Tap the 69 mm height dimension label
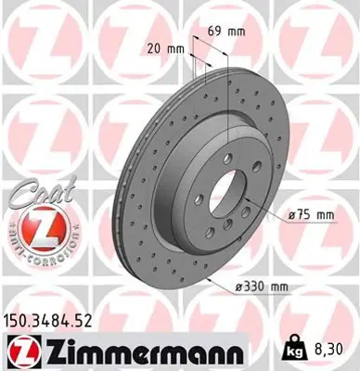pos(219,32)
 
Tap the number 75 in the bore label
pos(304,215)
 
